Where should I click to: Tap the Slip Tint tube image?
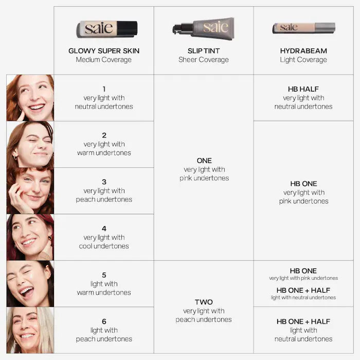tap(204, 28)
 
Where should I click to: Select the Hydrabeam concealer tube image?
tap(303, 27)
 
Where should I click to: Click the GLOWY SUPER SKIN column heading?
tap(104, 51)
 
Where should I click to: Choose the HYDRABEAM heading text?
tap(303, 51)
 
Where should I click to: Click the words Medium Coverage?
tap(104, 60)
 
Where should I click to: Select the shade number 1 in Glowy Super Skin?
tap(104, 89)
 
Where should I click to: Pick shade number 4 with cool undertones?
tap(104, 228)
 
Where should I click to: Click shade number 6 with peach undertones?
tap(104, 321)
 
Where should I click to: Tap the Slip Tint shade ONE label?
tap(204, 160)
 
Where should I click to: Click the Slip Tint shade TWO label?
tap(204, 302)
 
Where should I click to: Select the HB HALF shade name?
tap(303, 89)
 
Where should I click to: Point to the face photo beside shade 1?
tap(30, 98)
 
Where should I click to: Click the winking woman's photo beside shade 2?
tap(30, 144)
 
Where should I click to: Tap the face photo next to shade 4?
tap(30, 237)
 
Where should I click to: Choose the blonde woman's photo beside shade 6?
tap(30, 330)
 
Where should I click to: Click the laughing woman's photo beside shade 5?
tap(30, 283)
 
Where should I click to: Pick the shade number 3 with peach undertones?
tap(104, 182)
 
